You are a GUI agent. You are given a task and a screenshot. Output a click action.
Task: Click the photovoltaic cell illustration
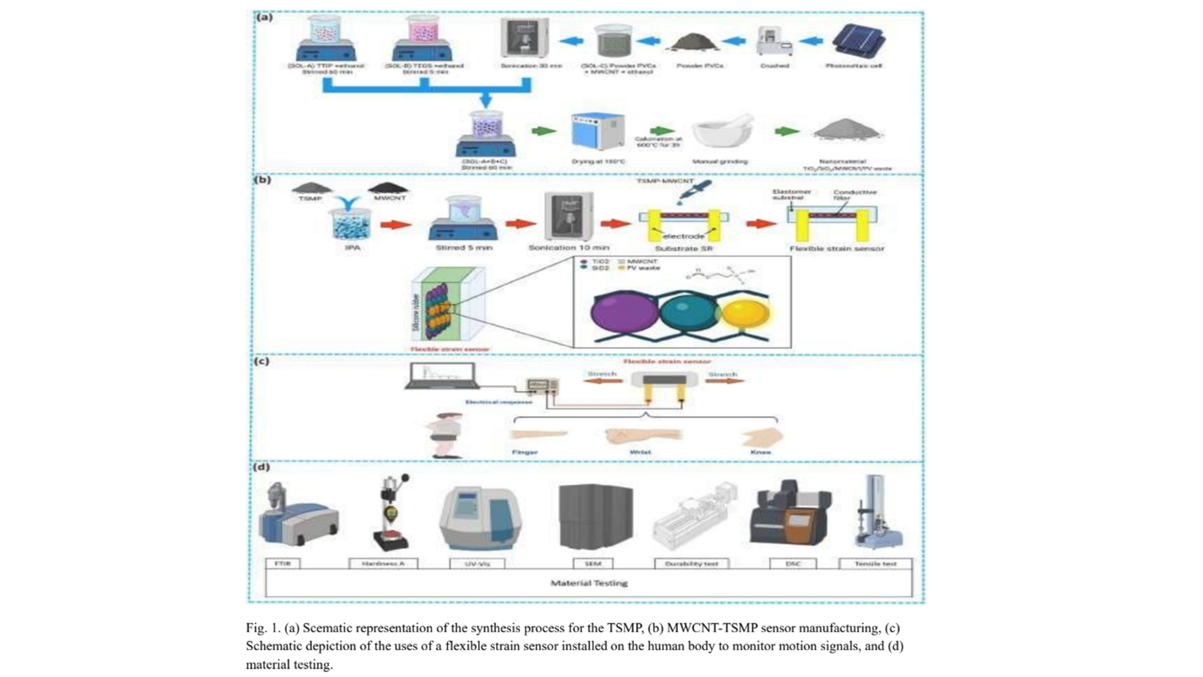(x=858, y=40)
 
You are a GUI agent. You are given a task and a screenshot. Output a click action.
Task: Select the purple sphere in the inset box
(x=624, y=312)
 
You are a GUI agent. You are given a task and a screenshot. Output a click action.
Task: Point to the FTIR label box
(x=283, y=564)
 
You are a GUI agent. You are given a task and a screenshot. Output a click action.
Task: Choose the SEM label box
(x=593, y=564)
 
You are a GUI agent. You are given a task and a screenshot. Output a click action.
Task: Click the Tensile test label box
(x=875, y=564)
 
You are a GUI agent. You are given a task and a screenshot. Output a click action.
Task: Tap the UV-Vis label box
(x=477, y=564)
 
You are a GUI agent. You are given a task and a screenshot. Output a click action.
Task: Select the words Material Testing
(x=589, y=583)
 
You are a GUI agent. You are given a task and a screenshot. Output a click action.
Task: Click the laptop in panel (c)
(x=442, y=375)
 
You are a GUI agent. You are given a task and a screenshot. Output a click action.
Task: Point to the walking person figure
(x=446, y=435)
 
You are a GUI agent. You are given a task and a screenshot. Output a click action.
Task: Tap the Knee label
(x=761, y=452)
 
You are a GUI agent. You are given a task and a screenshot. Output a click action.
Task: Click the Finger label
(x=524, y=452)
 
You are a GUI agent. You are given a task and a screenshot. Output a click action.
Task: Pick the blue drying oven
(x=598, y=131)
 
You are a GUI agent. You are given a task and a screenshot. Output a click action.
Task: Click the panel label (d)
(x=261, y=467)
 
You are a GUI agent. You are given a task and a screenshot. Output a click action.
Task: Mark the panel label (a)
(x=264, y=17)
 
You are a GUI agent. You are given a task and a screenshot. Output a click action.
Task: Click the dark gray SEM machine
(x=595, y=516)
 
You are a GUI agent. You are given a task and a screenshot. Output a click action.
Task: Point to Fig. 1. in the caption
(x=263, y=628)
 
